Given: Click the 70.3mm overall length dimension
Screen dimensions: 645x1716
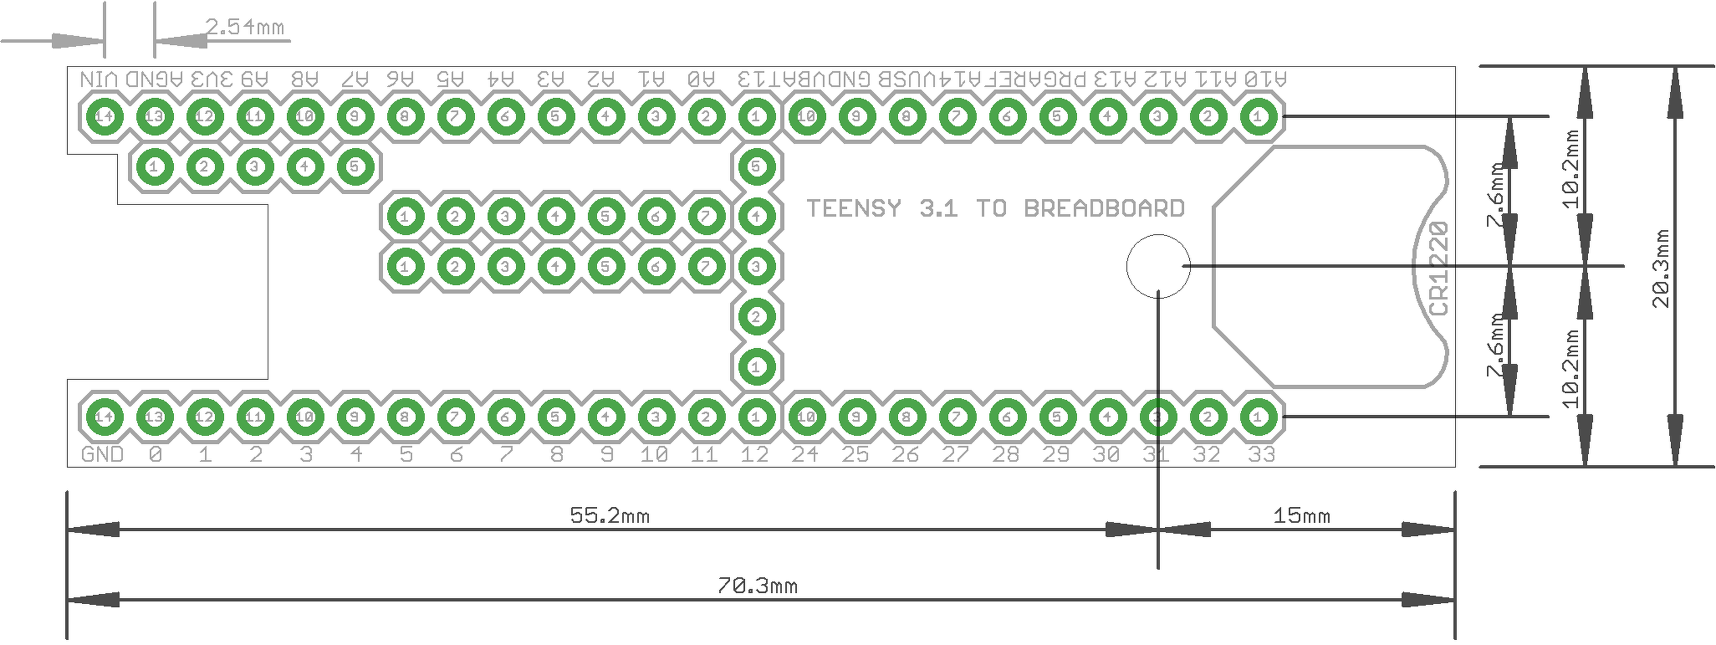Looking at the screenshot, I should click(757, 586).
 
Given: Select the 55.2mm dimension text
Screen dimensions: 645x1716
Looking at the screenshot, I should click(609, 516).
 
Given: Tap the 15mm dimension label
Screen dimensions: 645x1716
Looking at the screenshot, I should click(1301, 516).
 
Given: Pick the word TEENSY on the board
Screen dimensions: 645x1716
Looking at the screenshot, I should click(854, 208).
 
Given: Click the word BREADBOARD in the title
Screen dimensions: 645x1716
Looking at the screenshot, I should click(1104, 208).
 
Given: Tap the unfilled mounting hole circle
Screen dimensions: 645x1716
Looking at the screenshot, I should click(1158, 266).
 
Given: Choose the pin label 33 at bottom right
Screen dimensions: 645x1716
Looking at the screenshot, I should click(1261, 454).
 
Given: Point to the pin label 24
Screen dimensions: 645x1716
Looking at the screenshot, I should click(805, 454).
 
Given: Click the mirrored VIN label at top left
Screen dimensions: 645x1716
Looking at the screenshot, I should click(99, 79).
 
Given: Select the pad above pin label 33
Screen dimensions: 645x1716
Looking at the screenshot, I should click(1258, 416).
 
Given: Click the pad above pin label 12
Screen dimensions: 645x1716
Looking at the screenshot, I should click(755, 416).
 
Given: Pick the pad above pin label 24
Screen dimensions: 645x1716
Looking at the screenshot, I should click(806, 416).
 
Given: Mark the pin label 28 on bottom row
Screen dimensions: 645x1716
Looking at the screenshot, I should click(1005, 454).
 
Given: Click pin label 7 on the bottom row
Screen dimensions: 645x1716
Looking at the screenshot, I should click(506, 454).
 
